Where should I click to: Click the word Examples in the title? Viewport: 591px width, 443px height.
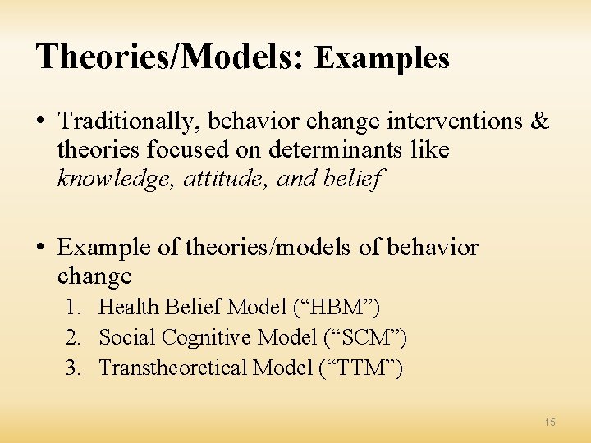[382, 57]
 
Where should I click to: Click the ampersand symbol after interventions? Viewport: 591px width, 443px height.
[540, 121]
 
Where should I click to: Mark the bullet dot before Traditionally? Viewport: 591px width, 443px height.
[40, 122]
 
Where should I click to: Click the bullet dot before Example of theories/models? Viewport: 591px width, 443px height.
[40, 248]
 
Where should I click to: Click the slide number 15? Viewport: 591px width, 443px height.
[550, 422]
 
